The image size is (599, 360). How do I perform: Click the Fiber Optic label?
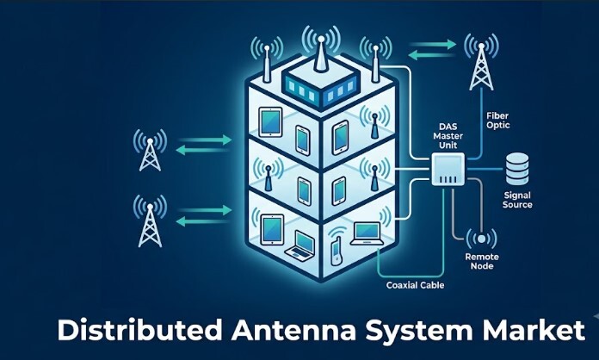[x=497, y=121]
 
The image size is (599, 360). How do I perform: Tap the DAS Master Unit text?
[x=448, y=136]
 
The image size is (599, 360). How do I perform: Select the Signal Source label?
[x=517, y=200]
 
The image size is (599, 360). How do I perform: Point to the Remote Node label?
[x=482, y=262]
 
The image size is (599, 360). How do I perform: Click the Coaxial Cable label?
[x=415, y=285]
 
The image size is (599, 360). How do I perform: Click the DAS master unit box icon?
[x=448, y=170]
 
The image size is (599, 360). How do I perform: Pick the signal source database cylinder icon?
[x=517, y=169]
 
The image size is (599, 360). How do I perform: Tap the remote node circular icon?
[x=481, y=239]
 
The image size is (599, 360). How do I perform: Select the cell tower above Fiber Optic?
[x=481, y=62]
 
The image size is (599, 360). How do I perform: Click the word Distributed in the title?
[x=139, y=330]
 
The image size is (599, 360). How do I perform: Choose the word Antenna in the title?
[x=293, y=330]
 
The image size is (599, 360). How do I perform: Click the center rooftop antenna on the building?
[x=321, y=53]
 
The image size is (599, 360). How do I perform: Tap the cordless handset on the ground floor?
[x=337, y=251]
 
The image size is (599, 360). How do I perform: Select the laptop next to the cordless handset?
[x=367, y=233]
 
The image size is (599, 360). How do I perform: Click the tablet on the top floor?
[x=270, y=122]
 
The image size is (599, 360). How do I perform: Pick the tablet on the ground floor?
[x=272, y=230]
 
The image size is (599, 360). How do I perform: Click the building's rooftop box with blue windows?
[x=321, y=87]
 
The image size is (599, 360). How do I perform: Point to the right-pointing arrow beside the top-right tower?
[x=432, y=45]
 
